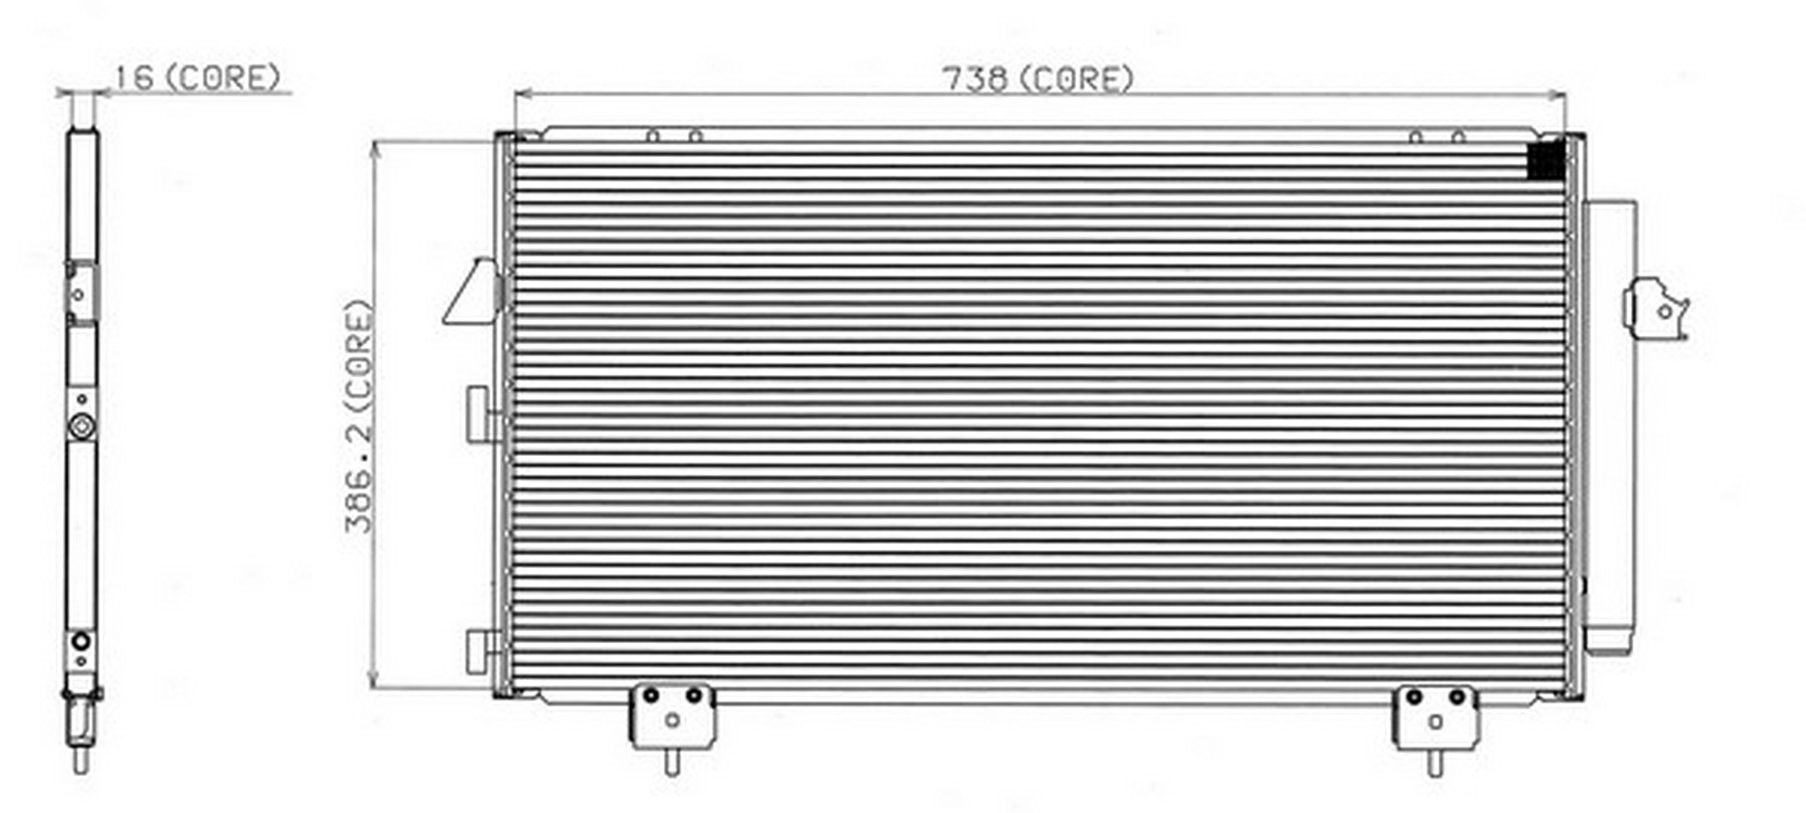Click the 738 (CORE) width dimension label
click(1039, 79)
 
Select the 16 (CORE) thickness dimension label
click(197, 78)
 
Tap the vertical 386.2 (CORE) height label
click(359, 417)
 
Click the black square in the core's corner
click(1546, 160)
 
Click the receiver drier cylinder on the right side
click(1610, 427)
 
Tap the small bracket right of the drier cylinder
click(1656, 309)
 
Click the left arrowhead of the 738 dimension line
click(522, 94)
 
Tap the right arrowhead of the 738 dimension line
click(1557, 94)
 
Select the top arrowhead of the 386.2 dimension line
click(374, 150)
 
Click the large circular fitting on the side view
click(82, 426)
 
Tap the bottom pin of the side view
click(82, 760)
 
